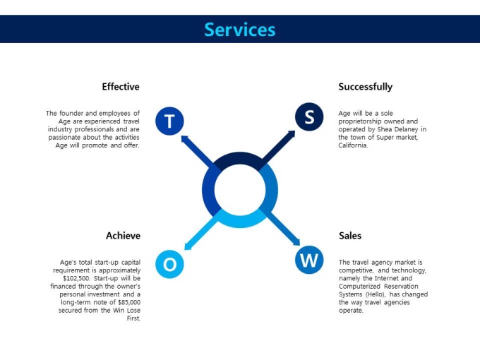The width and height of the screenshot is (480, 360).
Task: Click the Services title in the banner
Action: [x=240, y=30]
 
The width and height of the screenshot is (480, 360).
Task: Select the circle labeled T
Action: [x=169, y=121]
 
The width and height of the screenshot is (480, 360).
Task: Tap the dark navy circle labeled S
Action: [x=309, y=116]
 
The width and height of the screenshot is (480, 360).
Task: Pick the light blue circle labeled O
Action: [x=169, y=264]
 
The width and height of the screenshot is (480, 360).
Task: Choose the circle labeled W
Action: [x=309, y=260]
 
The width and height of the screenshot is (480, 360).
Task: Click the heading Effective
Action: [x=121, y=87]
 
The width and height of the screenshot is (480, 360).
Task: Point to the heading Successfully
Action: [x=365, y=87]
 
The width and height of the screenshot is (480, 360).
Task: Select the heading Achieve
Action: [x=123, y=236]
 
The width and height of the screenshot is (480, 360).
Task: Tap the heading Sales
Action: [x=350, y=236]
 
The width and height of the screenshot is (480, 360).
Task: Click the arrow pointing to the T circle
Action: [x=198, y=151]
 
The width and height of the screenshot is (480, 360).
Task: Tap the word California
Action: [x=353, y=145]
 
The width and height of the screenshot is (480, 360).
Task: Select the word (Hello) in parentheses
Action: [x=376, y=294]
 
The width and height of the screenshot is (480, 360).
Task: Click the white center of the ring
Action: [x=240, y=190]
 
